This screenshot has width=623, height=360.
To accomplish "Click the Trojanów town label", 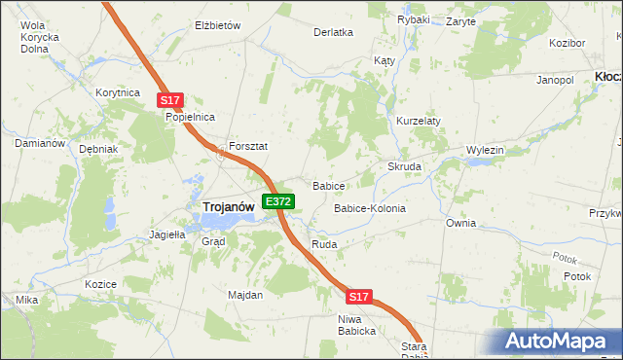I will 229,206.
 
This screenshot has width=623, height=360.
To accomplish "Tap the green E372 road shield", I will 278,201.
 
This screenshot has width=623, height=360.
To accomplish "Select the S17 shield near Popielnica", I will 169,100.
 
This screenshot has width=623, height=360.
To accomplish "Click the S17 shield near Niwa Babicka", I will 358,296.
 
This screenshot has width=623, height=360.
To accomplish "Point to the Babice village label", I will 329,185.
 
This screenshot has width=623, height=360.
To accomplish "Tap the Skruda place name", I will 405,167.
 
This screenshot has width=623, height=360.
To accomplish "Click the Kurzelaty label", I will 419,121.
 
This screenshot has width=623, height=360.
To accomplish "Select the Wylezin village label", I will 485,150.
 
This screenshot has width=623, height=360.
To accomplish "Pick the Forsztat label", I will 248,146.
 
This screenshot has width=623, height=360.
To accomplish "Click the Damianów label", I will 40,143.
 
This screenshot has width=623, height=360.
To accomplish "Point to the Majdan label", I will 245,295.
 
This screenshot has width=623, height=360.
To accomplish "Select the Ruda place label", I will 324,244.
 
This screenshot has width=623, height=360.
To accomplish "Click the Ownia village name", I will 461,223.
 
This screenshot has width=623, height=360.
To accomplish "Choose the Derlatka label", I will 333,32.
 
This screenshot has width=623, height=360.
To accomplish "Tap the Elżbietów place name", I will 217,25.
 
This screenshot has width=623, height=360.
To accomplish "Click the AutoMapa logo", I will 557,341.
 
